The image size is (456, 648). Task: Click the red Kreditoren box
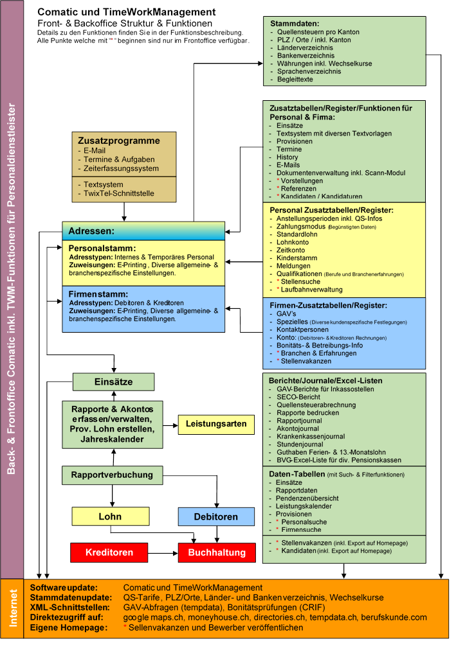[x=109, y=552]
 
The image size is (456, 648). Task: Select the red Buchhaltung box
[x=217, y=552]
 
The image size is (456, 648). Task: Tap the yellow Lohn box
[x=109, y=516]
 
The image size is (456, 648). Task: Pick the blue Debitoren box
[x=216, y=516]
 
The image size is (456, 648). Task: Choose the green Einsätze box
[x=113, y=381]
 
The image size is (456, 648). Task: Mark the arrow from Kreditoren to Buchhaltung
[x=163, y=552]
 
